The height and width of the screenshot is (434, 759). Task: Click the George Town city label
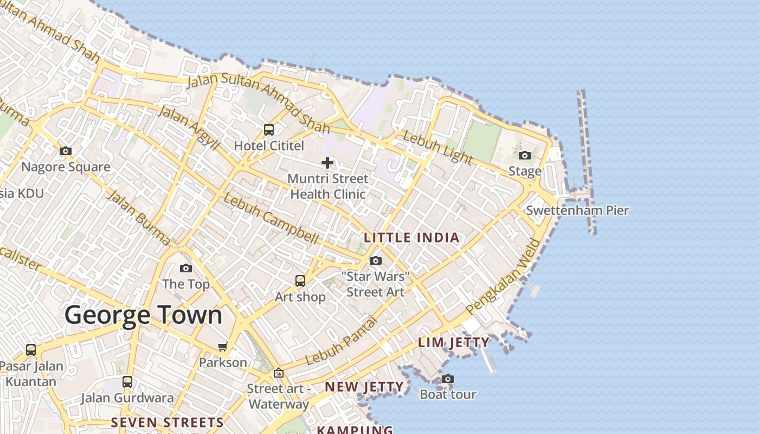point(144,315)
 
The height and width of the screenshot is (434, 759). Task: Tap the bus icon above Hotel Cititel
point(268,129)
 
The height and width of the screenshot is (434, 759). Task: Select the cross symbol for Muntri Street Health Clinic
point(327,162)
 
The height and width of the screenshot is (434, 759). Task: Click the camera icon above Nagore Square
point(66,151)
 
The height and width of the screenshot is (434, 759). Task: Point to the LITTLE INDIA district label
point(412,238)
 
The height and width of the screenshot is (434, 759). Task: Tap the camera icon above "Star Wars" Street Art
point(375,261)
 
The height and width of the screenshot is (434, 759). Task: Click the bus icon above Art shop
point(300,280)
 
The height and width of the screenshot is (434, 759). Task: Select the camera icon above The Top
point(185,268)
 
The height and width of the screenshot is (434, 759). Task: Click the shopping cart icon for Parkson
point(222,347)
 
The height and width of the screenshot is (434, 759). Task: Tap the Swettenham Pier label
point(577,210)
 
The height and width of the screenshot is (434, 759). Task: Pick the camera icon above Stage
point(524,156)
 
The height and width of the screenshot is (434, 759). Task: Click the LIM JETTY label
point(454,342)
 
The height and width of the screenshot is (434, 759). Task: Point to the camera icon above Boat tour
point(447,379)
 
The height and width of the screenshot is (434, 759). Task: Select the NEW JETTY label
point(364,387)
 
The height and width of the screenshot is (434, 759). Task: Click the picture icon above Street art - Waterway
point(278,373)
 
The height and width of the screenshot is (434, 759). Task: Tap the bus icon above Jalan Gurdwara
point(127,381)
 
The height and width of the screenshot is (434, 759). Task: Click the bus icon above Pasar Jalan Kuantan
point(31,350)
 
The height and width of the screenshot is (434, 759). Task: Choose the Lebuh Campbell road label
point(270,218)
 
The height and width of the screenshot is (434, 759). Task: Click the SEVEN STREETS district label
point(167,422)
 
